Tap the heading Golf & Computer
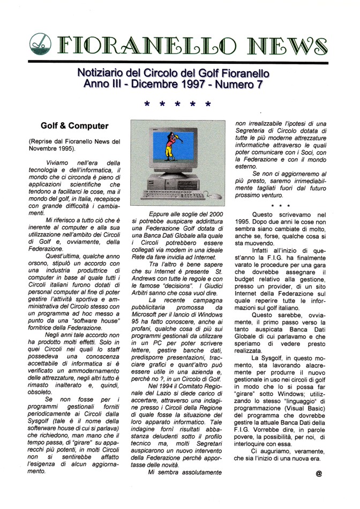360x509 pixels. (74, 126)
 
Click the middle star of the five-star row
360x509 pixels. (177, 104)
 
